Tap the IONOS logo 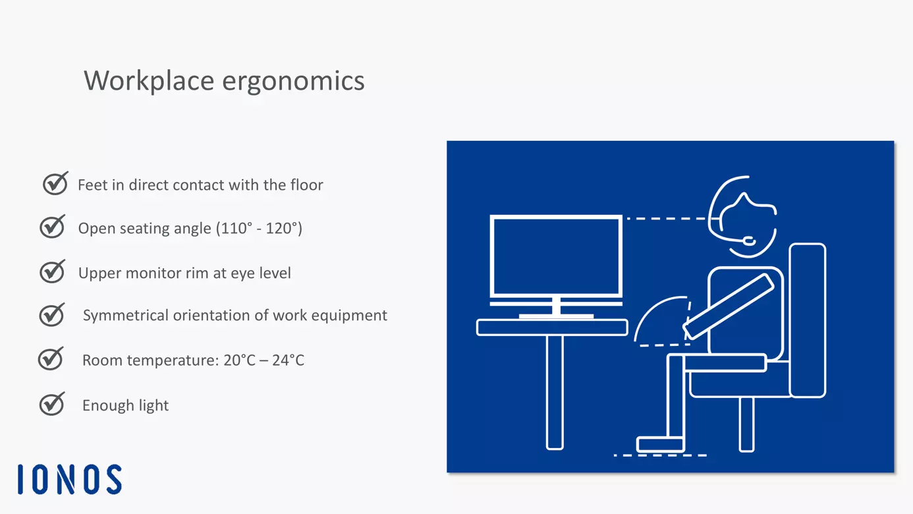(70, 479)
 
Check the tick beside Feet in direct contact (55, 184)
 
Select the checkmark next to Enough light (52, 403)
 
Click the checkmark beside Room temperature (51, 358)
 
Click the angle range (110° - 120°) (259, 229)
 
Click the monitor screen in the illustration (557, 256)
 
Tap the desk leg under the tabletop (555, 392)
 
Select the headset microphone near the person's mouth (748, 242)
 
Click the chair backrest (807, 320)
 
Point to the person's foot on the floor (659, 444)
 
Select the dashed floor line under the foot (660, 455)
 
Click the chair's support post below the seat (746, 424)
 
